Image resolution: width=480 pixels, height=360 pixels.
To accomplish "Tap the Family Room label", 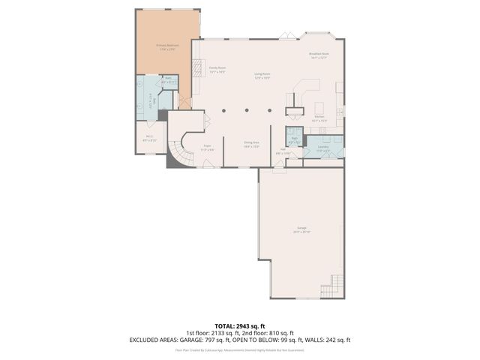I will pyautogui.click(x=217, y=70).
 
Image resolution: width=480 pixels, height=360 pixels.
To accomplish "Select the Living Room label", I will pyautogui.click(x=261, y=76).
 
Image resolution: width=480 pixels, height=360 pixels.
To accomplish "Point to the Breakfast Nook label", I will pyautogui.click(x=319, y=55).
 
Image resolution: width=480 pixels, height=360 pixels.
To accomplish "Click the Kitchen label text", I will pyautogui.click(x=319, y=118).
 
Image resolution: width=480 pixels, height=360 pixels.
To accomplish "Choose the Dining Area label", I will pyautogui.click(x=251, y=143).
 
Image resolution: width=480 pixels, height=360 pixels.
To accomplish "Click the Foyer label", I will pyautogui.click(x=207, y=147).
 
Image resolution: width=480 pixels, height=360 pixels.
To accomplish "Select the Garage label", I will pyautogui.click(x=301, y=229).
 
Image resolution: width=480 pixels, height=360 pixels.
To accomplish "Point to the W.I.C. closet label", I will pyautogui.click(x=151, y=138).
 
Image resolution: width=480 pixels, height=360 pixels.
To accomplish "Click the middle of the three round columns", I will pyautogui.click(x=246, y=110).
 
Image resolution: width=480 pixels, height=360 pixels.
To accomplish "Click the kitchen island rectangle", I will pyautogui.click(x=319, y=107).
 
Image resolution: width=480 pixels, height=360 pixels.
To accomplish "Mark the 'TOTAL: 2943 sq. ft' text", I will pyautogui.click(x=240, y=326).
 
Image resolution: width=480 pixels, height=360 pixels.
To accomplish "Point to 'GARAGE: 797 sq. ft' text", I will pyautogui.click(x=219, y=340).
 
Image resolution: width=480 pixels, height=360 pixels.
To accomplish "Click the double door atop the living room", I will pyautogui.click(x=285, y=34).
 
